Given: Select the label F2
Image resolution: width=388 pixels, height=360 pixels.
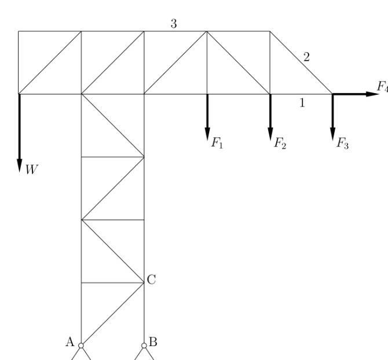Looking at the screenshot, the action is pyautogui.click(x=280, y=143).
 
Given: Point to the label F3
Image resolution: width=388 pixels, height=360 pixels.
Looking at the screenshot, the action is pyautogui.click(x=342, y=143).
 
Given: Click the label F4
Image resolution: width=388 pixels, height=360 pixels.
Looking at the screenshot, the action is pyautogui.click(x=382, y=86).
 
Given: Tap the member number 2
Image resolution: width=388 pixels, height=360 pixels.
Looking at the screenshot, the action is pyautogui.click(x=306, y=57).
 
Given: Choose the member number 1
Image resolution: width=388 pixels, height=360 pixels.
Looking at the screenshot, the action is pyautogui.click(x=301, y=103).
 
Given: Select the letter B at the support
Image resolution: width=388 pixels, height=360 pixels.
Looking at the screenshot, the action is pyautogui.click(x=153, y=341).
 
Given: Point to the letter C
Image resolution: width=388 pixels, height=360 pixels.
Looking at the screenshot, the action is pyautogui.click(x=151, y=280).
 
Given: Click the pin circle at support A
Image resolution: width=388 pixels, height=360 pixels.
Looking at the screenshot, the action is pyautogui.click(x=81, y=346).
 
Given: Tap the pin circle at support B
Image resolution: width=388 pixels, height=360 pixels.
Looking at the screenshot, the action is pyautogui.click(x=144, y=346).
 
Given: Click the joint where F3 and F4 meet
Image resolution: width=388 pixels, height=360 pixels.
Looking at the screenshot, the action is pyautogui.click(x=332, y=94).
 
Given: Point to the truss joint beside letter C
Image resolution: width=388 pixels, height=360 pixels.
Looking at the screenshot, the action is pyautogui.click(x=144, y=282).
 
